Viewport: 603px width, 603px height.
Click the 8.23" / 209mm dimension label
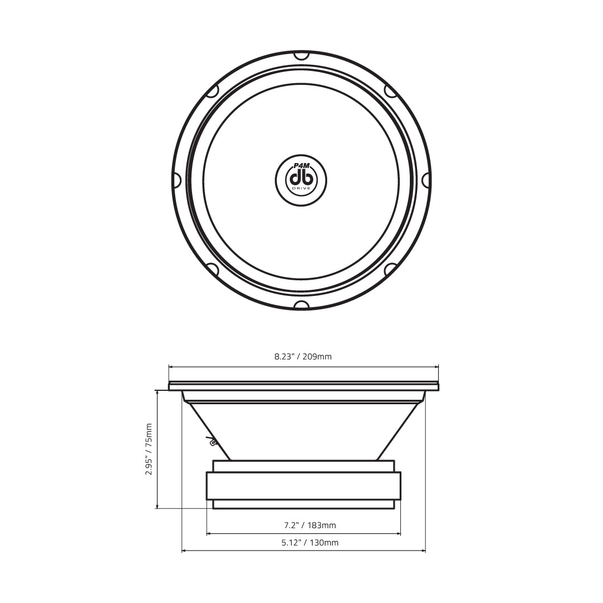(303, 356)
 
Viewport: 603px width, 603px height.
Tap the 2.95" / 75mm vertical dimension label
(149, 449)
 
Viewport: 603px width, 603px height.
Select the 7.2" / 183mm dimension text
(303, 525)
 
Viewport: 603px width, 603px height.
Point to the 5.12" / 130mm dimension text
(303, 542)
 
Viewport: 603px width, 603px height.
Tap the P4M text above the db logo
(301, 166)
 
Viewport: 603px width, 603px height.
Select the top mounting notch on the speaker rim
(301, 56)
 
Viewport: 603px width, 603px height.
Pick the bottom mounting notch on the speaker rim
(301, 305)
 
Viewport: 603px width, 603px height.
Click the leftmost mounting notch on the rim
(176, 180)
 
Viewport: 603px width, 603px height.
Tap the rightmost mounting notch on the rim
(426, 180)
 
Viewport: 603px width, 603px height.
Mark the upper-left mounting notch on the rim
(213, 92)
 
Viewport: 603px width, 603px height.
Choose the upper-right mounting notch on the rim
(390, 92)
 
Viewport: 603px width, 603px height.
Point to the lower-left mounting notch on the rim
(213, 269)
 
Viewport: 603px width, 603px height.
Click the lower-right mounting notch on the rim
(390, 269)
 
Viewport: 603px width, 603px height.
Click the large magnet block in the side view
(303, 486)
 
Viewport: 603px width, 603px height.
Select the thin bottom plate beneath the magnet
(303, 504)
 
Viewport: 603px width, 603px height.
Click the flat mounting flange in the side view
(303, 385)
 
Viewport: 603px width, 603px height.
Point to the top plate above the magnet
(303, 466)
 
